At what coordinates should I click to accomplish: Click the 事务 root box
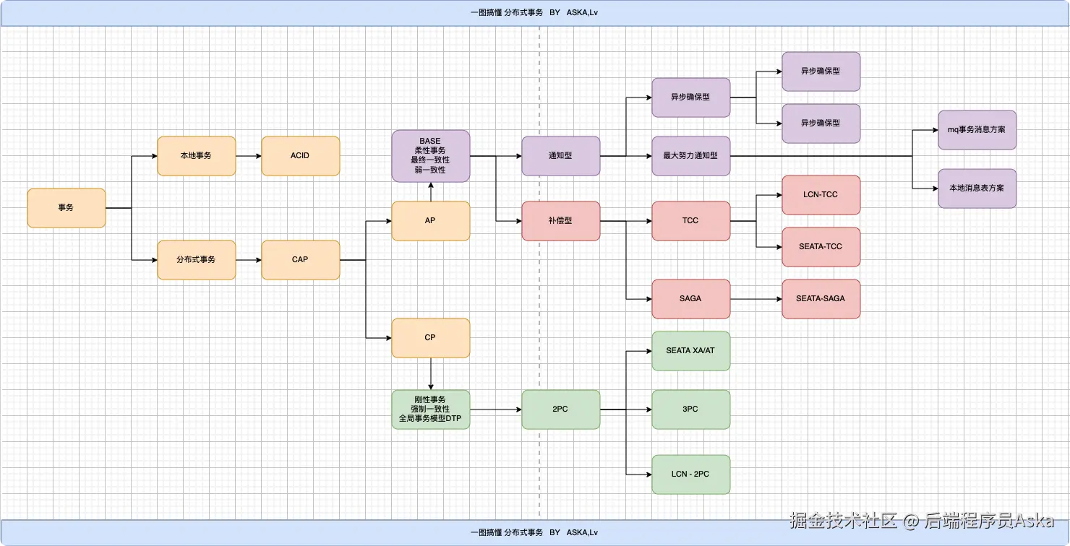click(67, 207)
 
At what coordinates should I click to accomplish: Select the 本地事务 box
click(197, 155)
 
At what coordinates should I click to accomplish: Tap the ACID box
click(301, 155)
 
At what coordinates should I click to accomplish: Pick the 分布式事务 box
click(197, 259)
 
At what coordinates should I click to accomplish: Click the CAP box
click(301, 259)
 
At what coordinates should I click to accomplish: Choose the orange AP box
click(430, 220)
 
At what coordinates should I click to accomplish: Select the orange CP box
click(430, 337)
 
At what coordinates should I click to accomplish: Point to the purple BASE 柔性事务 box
click(430, 155)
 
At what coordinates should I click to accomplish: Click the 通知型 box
click(561, 155)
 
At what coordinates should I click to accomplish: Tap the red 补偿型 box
click(561, 220)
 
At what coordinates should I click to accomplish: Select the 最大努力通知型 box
click(690, 155)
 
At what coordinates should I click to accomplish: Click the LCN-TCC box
click(821, 195)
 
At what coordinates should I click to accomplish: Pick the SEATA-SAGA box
click(821, 299)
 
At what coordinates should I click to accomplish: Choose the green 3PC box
click(690, 409)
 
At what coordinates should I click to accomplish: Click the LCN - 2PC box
click(690, 474)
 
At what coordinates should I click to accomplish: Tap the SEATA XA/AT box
click(690, 351)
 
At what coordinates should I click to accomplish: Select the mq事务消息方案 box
click(977, 130)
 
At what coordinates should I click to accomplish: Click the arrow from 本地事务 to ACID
click(249, 155)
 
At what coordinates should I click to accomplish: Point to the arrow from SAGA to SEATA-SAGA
click(756, 299)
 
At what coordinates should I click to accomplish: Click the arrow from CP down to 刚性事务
click(430, 373)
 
